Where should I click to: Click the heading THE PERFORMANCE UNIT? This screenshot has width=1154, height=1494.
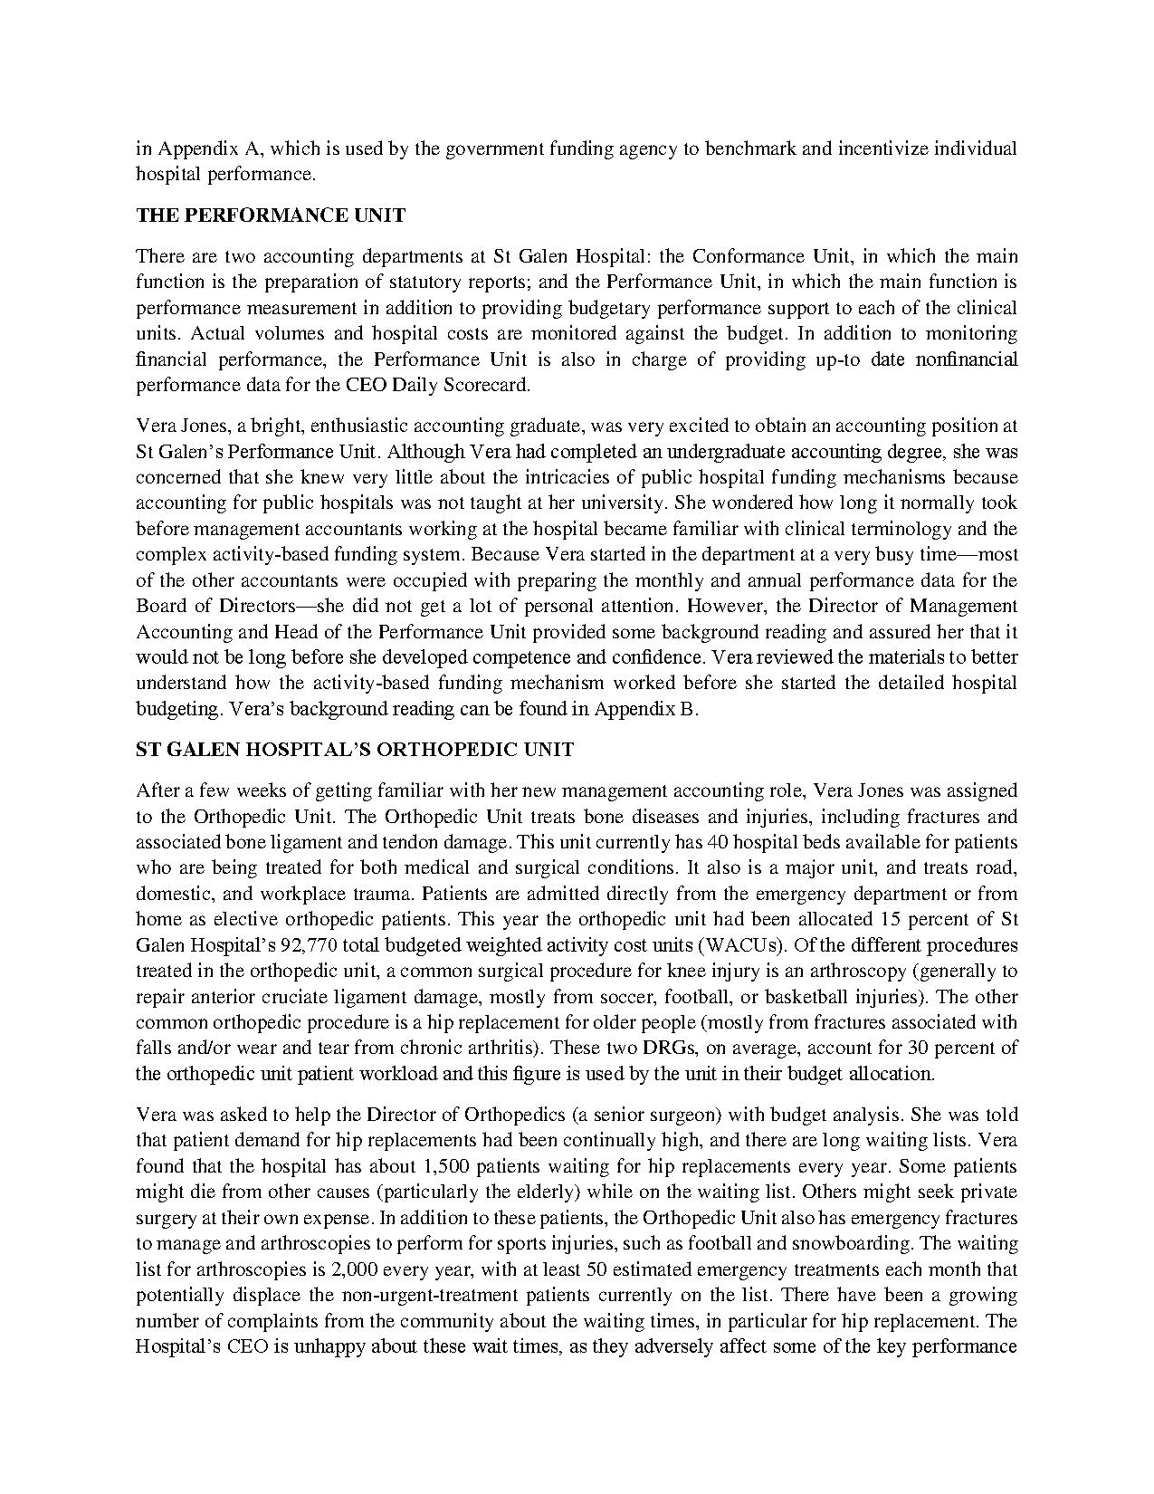[271, 215]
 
